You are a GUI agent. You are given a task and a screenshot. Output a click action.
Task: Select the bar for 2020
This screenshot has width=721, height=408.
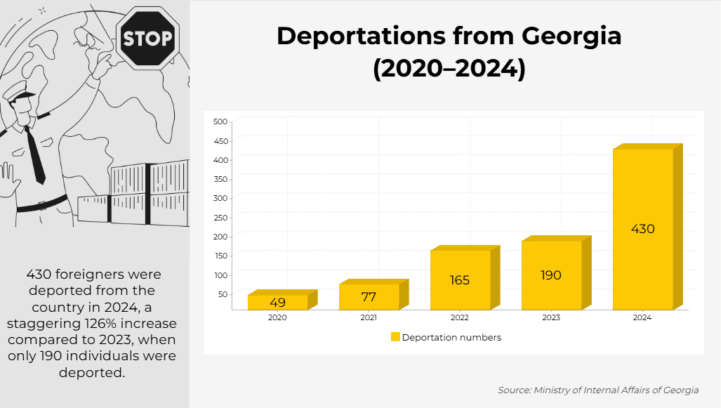click(x=277, y=302)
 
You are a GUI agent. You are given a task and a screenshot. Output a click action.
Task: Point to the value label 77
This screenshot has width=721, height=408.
click(x=369, y=297)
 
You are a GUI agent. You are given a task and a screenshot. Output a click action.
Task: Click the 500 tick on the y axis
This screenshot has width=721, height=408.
click(x=220, y=121)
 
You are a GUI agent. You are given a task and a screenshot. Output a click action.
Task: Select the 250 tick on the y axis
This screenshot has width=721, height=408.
click(x=220, y=217)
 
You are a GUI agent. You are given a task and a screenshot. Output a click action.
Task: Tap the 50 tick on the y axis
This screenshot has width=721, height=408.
click(x=223, y=294)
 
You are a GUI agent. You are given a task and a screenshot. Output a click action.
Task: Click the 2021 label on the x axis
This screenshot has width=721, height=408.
click(x=369, y=318)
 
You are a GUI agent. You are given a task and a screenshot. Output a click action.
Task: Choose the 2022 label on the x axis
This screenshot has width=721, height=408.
click(x=460, y=318)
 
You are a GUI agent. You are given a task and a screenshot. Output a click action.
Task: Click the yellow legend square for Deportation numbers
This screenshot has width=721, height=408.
click(x=395, y=337)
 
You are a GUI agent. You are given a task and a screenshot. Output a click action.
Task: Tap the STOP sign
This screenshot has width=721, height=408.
click(x=147, y=38)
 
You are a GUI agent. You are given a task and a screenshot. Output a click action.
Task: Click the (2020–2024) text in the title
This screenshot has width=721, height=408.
click(x=449, y=70)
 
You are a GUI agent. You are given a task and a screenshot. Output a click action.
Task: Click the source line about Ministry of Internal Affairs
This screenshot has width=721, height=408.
click(x=598, y=390)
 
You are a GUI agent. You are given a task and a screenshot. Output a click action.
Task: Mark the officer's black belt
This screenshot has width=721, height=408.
click(x=42, y=206)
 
